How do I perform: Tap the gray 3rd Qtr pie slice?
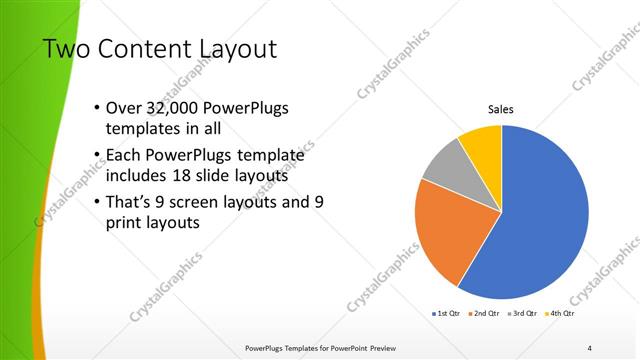pyautogui.click(x=443, y=165)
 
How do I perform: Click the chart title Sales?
pyautogui.click(x=501, y=110)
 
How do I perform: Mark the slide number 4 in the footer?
pyautogui.click(x=589, y=347)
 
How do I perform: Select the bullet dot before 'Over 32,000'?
pyautogui.click(x=95, y=108)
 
